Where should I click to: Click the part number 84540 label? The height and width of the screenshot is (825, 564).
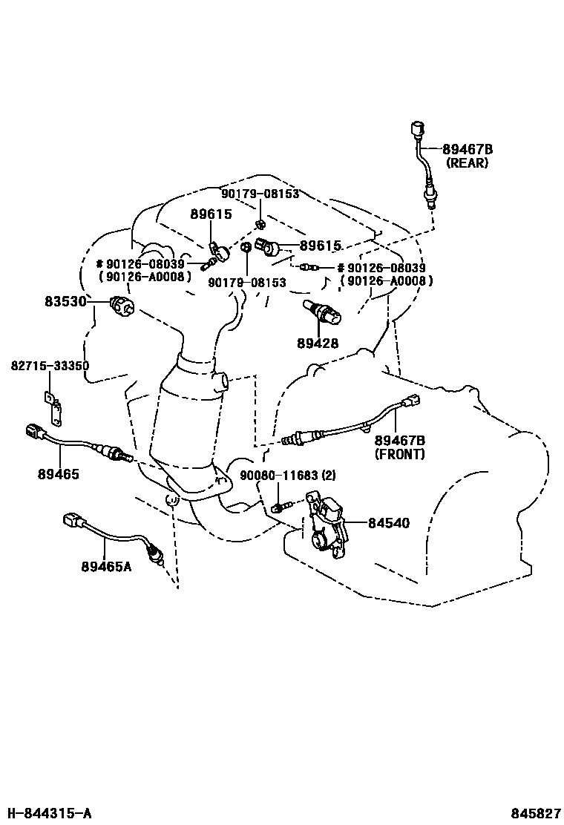388,523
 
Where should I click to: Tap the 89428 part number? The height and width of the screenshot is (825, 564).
318,344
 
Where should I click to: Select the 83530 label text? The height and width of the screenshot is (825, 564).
65,302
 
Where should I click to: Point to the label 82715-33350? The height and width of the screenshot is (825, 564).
50,365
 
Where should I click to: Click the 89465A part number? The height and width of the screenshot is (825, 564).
106,566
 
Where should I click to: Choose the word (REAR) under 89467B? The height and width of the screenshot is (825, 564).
468,162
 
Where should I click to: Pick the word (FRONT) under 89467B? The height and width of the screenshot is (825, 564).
399,453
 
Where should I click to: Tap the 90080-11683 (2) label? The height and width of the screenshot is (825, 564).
288,476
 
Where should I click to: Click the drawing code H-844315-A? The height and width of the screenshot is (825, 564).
48,813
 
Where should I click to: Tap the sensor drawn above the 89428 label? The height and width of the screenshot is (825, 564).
322,312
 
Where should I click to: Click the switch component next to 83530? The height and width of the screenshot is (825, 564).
122,306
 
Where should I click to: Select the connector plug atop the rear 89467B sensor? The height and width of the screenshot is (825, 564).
417,128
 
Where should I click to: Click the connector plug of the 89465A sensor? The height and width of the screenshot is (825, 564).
71,520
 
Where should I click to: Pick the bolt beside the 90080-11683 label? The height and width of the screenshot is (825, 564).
281,507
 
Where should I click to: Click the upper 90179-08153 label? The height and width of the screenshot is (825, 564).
260,194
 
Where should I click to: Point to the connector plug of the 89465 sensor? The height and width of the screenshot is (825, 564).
36,432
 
